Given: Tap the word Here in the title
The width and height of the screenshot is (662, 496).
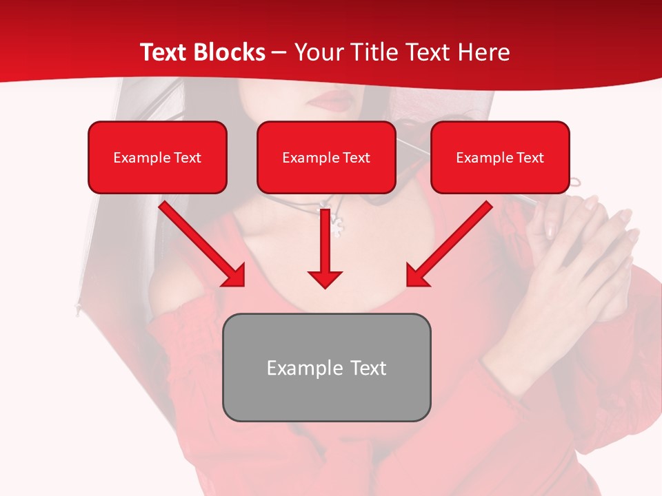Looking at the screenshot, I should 482,52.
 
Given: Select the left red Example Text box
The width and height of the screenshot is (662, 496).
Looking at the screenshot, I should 157,157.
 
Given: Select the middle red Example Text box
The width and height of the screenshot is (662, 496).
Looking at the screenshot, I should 326,157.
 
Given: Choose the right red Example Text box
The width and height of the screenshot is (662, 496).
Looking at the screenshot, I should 500,157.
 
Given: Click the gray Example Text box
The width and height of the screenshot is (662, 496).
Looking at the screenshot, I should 326,367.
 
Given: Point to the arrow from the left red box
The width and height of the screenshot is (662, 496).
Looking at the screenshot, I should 202,243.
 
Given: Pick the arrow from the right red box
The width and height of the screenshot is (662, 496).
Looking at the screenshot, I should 450,243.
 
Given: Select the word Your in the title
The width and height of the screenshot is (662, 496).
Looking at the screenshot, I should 318,52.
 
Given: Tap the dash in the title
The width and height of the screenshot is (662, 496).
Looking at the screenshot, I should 279,52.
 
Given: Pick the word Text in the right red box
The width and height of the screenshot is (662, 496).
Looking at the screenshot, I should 530,158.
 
